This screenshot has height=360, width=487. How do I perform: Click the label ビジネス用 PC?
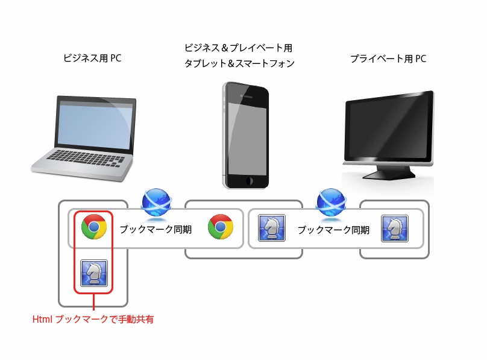click(x=92, y=58)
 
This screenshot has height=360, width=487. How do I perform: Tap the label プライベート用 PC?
click(x=388, y=58)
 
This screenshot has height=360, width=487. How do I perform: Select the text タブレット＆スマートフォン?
click(x=239, y=63)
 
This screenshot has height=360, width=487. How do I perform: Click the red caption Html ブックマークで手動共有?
click(x=93, y=320)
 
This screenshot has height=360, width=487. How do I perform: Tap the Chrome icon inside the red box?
click(x=94, y=227)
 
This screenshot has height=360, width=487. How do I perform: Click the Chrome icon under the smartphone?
click(x=220, y=227)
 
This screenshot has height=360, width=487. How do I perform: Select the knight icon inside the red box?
click(x=94, y=273)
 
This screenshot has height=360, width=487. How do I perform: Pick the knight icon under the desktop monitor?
click(x=394, y=228)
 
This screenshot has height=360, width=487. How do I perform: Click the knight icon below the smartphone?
click(x=271, y=228)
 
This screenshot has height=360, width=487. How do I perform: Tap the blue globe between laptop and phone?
click(x=156, y=203)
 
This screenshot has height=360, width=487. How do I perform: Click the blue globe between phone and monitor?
click(x=331, y=203)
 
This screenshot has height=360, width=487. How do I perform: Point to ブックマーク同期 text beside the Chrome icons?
click(x=156, y=230)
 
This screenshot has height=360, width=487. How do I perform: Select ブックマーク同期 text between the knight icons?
click(x=333, y=230)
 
